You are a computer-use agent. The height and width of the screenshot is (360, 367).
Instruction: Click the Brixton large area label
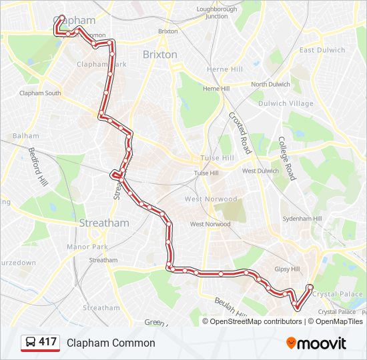tap(160, 55)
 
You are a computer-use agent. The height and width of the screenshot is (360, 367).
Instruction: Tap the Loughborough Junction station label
tap(217, 13)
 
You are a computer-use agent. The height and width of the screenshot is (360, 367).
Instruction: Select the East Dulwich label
tap(322, 50)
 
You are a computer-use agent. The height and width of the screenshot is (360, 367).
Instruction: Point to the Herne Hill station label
tap(225, 69)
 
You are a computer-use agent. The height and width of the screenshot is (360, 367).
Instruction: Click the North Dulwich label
tap(270, 85)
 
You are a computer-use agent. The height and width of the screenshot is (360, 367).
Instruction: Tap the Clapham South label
tap(40, 93)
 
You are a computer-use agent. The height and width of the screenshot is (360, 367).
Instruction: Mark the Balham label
tap(25, 136)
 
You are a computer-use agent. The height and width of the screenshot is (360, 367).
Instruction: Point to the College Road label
tap(286, 159)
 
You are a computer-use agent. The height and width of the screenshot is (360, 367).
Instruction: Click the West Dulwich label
tap(260, 171)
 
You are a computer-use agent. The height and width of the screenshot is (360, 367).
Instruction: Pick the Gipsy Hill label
tap(288, 269)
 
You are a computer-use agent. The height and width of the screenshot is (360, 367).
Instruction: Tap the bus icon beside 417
tap(30, 343)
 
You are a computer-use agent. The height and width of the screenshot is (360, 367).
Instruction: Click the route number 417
tap(48, 343)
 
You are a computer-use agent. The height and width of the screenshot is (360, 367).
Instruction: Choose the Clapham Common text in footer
tap(111, 343)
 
